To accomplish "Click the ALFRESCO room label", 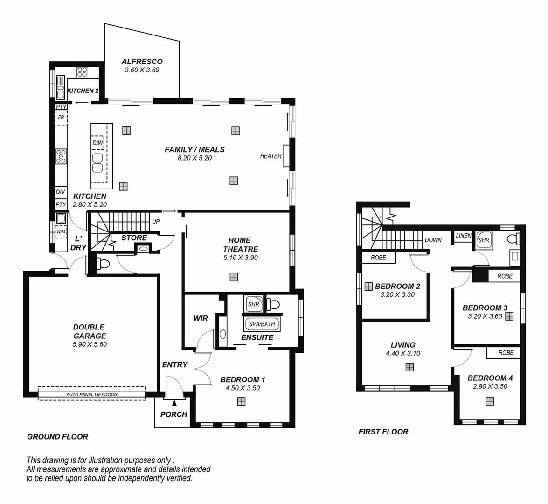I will point(142,62).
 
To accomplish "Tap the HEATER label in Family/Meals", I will point(271,156).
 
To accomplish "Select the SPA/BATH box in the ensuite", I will point(262,324).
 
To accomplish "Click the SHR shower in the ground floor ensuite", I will point(253,304).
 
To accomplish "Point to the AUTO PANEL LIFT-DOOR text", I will point(92,395).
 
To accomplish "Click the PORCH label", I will point(173,414).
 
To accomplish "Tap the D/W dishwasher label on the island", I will point(98,143).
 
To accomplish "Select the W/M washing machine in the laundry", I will point(61,231).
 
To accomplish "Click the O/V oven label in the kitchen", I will point(61,192).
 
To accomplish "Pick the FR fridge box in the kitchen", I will point(61,118).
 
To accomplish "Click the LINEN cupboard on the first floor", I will point(463,236).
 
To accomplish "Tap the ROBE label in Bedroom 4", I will point(506,353).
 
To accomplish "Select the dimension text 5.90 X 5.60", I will point(90,344).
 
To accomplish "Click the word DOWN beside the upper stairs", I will point(433,240).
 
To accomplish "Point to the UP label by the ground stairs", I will point(156,222).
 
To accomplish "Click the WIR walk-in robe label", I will point(201,318).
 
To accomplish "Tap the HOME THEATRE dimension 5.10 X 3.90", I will point(240,258).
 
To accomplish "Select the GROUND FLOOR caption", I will point(57,437).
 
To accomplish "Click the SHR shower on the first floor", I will point(484,240).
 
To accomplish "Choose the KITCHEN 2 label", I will point(83,91).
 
